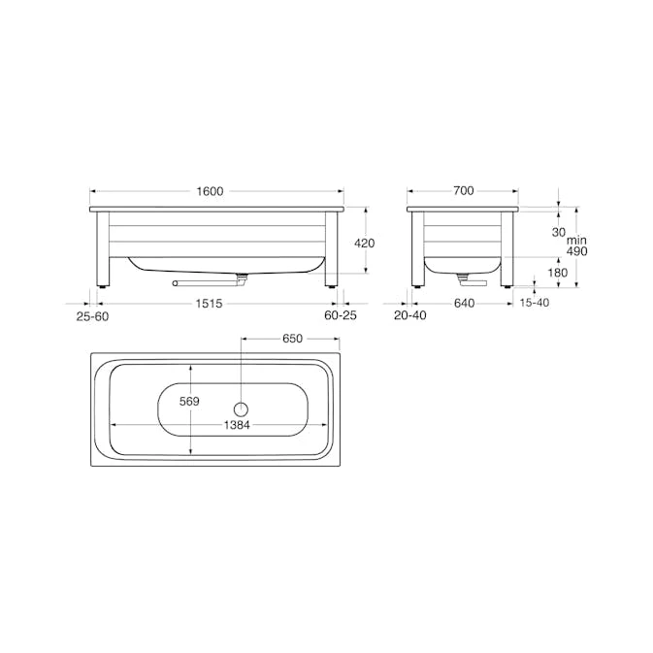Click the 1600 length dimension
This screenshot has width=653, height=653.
pyautogui.click(x=210, y=191)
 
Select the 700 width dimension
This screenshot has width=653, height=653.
pyautogui.click(x=464, y=191)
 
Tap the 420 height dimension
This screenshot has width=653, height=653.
pyautogui.click(x=365, y=243)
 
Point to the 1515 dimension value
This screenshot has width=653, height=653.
pyautogui.click(x=209, y=304)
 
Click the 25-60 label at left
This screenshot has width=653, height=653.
pyautogui.click(x=92, y=316)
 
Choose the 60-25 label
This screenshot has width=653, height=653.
pyautogui.click(x=341, y=315)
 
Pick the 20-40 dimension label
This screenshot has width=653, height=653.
pyautogui.click(x=410, y=315)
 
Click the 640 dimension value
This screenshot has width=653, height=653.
pyautogui.click(x=464, y=303)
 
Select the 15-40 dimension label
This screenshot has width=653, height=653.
pyautogui.click(x=535, y=303)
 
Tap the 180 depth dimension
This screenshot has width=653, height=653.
pyautogui.click(x=558, y=273)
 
